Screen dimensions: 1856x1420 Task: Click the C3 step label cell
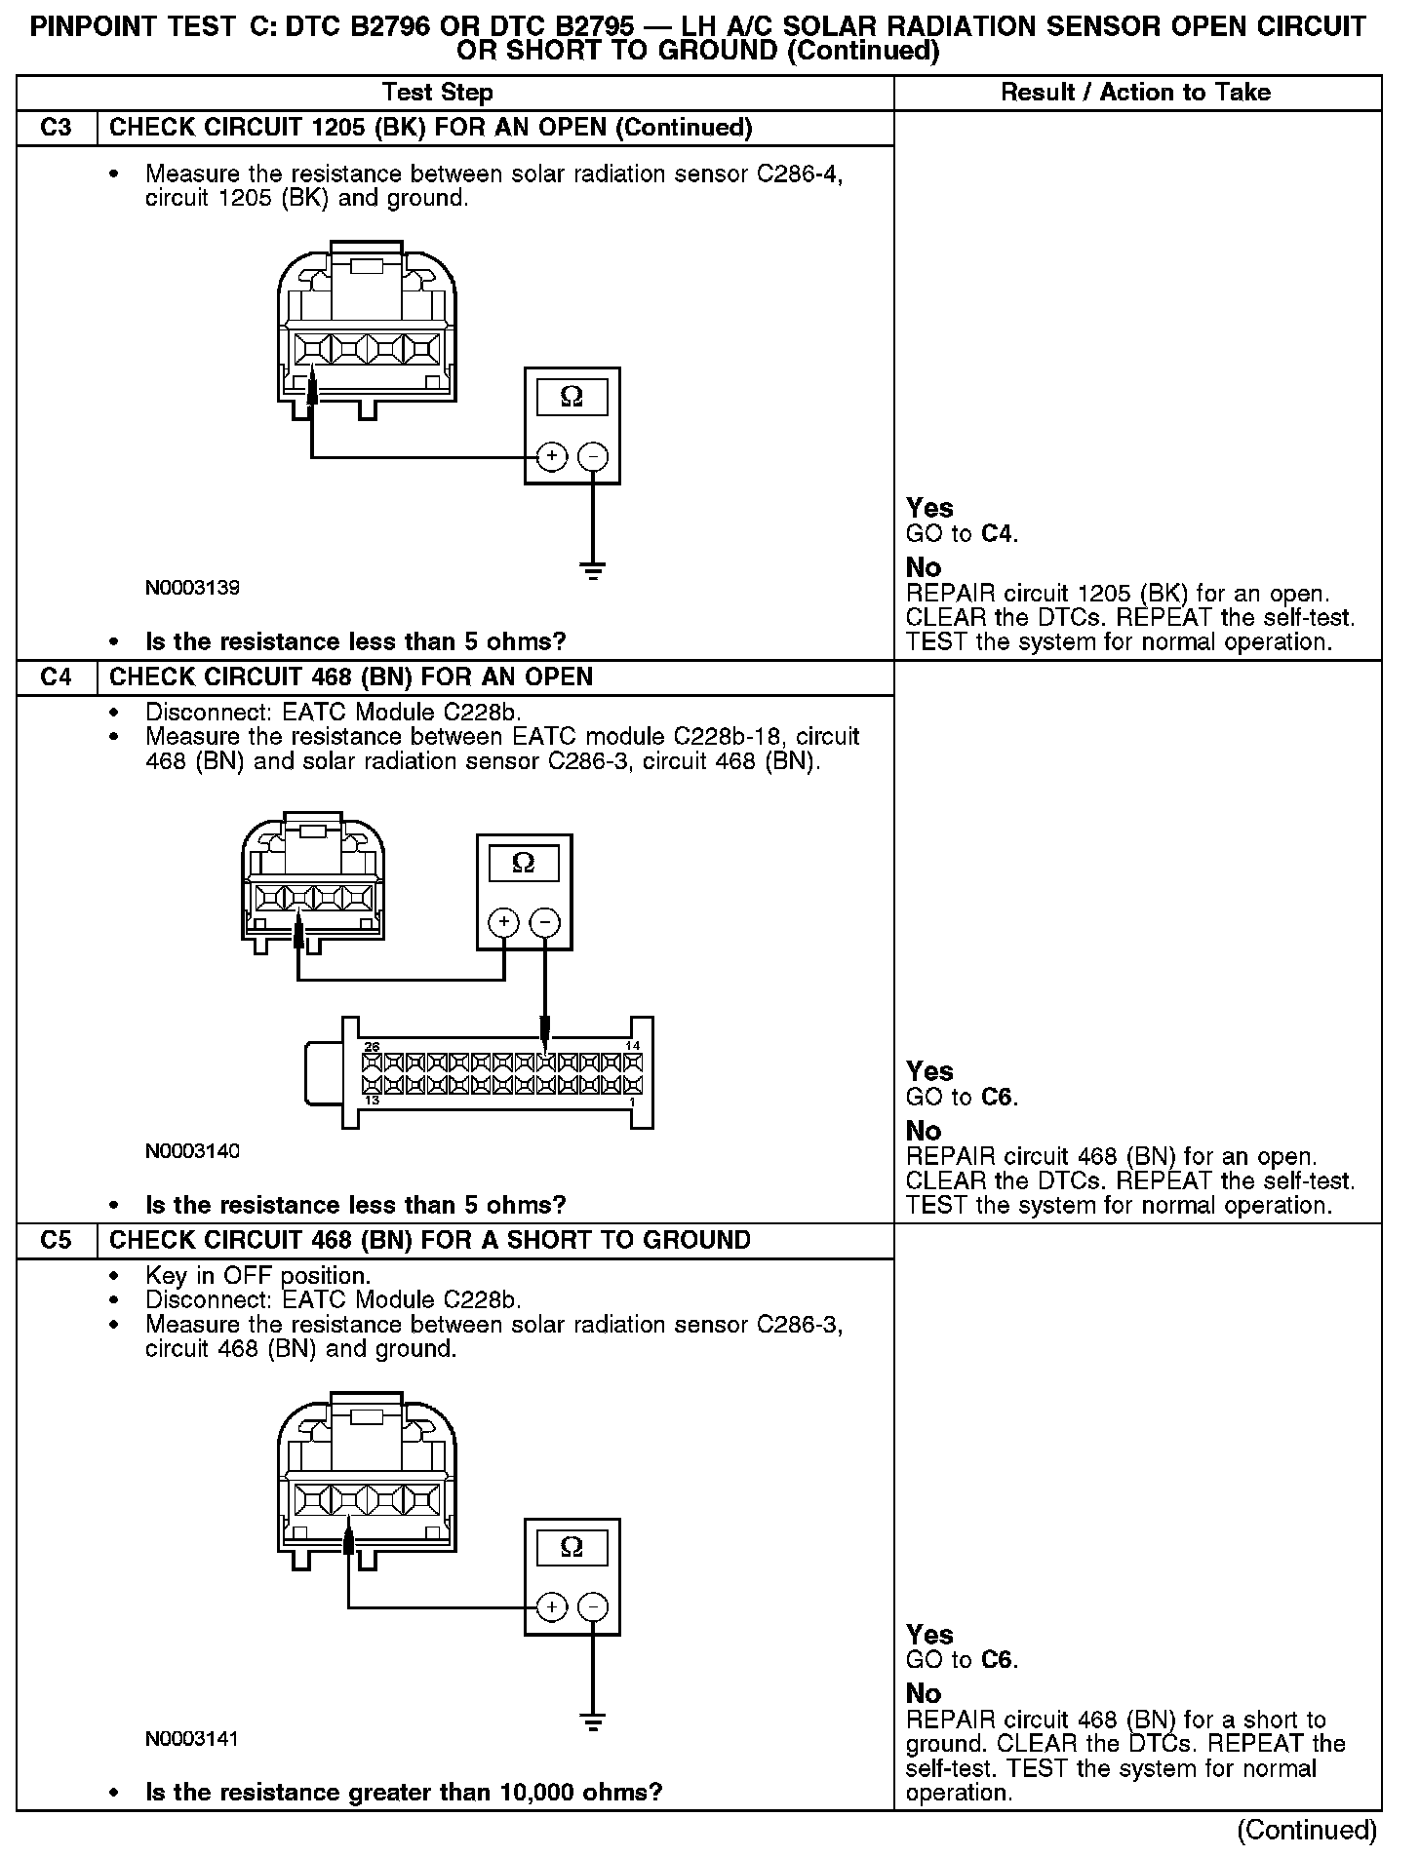[x=57, y=128]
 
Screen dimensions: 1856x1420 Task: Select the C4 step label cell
[x=57, y=677]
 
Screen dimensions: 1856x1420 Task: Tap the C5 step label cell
[x=57, y=1240]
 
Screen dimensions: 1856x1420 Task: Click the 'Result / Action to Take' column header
[x=1136, y=93]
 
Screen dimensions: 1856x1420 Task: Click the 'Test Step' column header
[x=438, y=93]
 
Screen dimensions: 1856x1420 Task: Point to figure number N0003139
[x=192, y=588]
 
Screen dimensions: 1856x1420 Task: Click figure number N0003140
[x=192, y=1151]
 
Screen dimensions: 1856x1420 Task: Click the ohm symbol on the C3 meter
[x=572, y=397]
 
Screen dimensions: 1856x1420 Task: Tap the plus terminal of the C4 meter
[x=504, y=922]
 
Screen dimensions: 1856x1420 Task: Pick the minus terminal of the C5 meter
[x=593, y=1607]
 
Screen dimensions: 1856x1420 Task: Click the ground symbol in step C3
[x=593, y=570]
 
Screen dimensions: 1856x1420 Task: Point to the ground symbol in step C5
[x=593, y=1722]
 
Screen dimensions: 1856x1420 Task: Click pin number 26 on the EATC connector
[x=372, y=1046]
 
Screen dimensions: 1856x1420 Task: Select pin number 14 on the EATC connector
[x=632, y=1046]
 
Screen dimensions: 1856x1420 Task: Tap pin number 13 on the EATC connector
[x=372, y=1101]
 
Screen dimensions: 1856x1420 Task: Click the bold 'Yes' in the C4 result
[x=929, y=1071]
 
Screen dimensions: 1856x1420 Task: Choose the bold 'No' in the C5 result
[x=924, y=1693]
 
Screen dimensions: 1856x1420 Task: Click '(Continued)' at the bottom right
[x=1307, y=1831]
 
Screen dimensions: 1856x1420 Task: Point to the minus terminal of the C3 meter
[x=593, y=456]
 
